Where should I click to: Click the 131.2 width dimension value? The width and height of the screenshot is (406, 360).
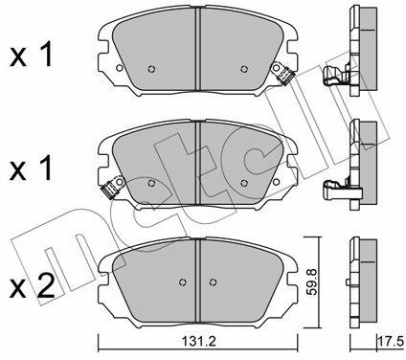click(x=199, y=342)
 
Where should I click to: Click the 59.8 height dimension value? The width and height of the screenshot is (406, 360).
click(x=311, y=282)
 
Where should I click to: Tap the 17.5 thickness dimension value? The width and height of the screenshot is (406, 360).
click(x=392, y=342)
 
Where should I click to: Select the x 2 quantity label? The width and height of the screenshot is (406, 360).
click(x=33, y=287)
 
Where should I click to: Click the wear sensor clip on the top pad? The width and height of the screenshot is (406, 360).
click(x=282, y=75)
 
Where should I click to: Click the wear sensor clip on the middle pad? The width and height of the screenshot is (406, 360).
click(x=112, y=188)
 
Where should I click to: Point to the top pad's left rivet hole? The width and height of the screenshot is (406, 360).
click(x=151, y=69)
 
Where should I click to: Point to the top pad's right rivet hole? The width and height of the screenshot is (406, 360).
click(x=244, y=69)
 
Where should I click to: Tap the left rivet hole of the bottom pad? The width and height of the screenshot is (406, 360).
click(x=183, y=282)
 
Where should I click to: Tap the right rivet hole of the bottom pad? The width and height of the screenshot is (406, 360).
click(x=213, y=282)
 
